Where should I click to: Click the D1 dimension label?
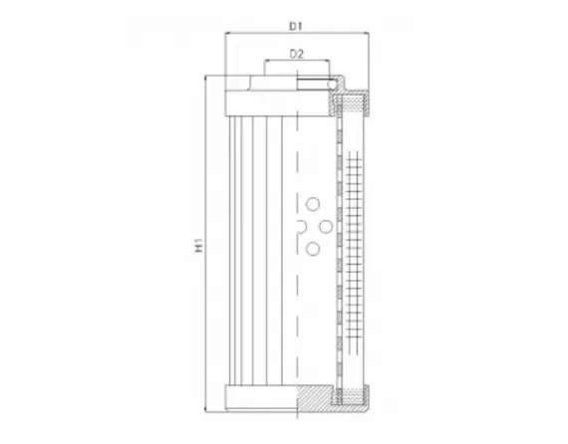(296, 22)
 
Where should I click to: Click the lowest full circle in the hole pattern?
(312, 248)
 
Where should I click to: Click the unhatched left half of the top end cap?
(261, 101)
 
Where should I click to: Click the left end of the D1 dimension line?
(227, 33)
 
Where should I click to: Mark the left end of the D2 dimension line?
(264, 61)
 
